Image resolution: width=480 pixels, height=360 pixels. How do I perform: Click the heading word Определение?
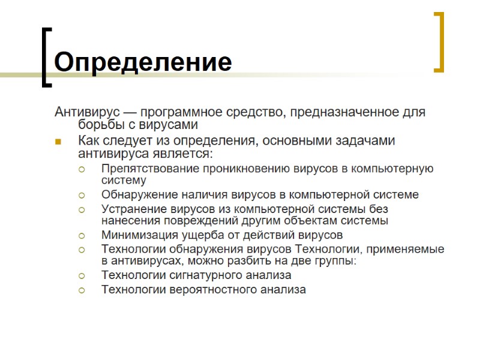tap(143, 62)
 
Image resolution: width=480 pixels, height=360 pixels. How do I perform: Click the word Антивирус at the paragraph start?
tap(85, 112)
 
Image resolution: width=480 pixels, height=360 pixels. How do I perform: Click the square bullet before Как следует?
tap(59, 142)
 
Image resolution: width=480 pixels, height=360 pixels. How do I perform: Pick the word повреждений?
tap(182, 220)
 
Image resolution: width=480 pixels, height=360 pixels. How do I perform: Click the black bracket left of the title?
tap(46, 57)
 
